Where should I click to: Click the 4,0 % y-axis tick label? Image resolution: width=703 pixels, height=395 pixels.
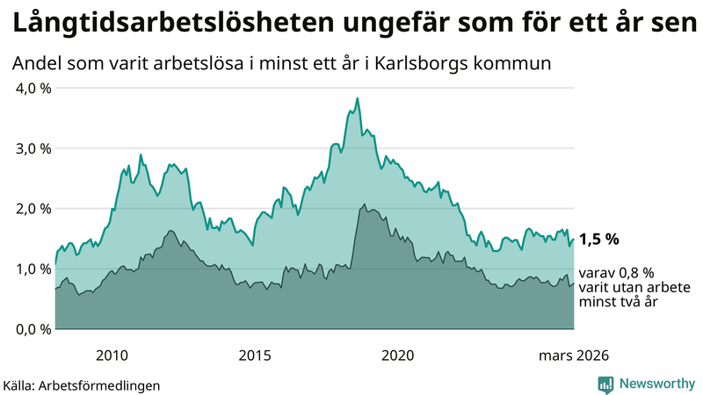[32, 88]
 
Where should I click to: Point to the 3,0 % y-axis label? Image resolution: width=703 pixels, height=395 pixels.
[32, 148]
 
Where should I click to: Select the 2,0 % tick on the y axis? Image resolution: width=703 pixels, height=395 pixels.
[32, 209]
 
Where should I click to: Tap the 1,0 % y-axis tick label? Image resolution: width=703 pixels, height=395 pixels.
[32, 269]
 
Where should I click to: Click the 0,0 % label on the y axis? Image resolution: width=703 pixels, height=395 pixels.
[32, 329]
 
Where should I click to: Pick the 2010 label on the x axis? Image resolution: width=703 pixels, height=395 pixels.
[112, 355]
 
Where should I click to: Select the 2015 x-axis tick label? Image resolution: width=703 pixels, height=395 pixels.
[255, 355]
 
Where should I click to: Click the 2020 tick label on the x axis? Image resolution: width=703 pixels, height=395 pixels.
[397, 355]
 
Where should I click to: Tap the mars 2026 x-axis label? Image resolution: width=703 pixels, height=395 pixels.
[573, 355]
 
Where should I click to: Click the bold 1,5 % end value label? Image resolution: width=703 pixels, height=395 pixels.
[599, 239]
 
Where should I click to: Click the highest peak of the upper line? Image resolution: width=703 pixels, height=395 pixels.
[357, 98]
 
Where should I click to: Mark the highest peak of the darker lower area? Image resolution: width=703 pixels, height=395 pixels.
[363, 205]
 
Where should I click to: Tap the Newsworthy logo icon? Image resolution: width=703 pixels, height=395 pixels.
[605, 384]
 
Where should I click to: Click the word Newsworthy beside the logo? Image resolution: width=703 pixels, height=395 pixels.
[656, 384]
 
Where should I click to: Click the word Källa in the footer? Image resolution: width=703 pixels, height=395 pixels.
[19, 384]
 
